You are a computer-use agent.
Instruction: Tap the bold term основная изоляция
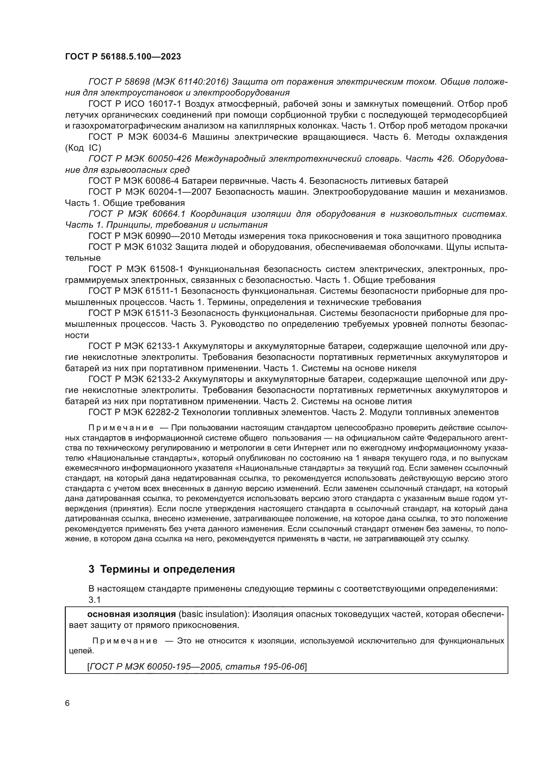[x=131, y=614]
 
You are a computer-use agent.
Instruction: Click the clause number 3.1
[x=95, y=599]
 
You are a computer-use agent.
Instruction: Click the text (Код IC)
[x=83, y=148]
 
